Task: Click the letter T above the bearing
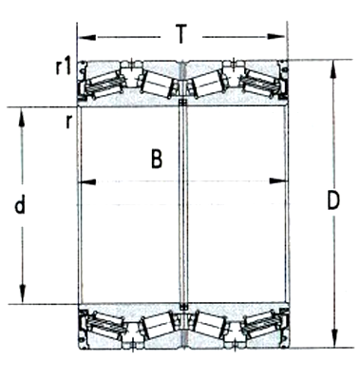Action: coord(181,34)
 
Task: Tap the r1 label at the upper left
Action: coord(64,66)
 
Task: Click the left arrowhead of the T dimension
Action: coord(83,39)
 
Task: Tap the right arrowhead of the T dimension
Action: coord(282,39)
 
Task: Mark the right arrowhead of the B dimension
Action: coord(280,180)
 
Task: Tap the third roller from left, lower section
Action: coord(208,326)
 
